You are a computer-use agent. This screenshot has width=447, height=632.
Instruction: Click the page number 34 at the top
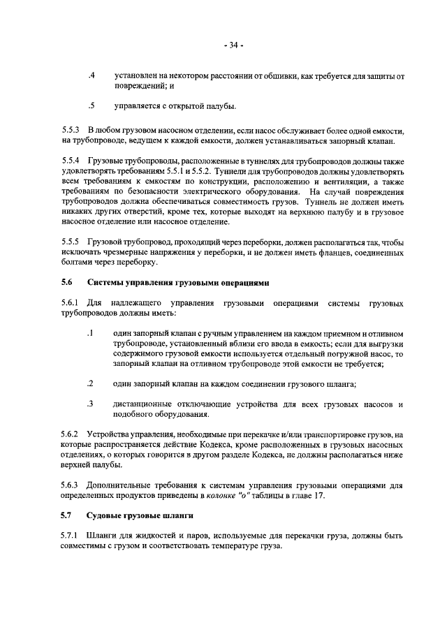point(233,46)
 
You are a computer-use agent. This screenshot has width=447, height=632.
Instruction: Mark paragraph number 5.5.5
point(71,242)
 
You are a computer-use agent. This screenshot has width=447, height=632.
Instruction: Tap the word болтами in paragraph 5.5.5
point(78,263)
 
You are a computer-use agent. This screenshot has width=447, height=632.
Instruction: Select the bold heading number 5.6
point(66,283)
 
